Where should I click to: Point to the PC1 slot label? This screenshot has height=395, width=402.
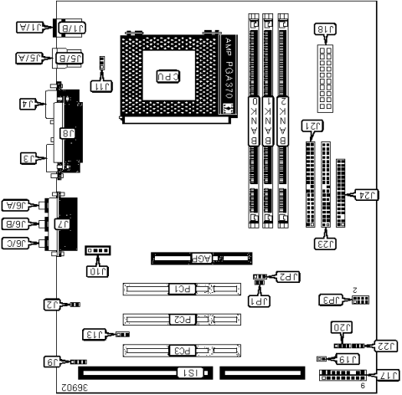[x=179, y=290]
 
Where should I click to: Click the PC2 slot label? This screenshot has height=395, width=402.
[x=179, y=320]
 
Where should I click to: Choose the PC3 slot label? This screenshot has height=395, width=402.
[x=179, y=350]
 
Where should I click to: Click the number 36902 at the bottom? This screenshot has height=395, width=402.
[x=75, y=387]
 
